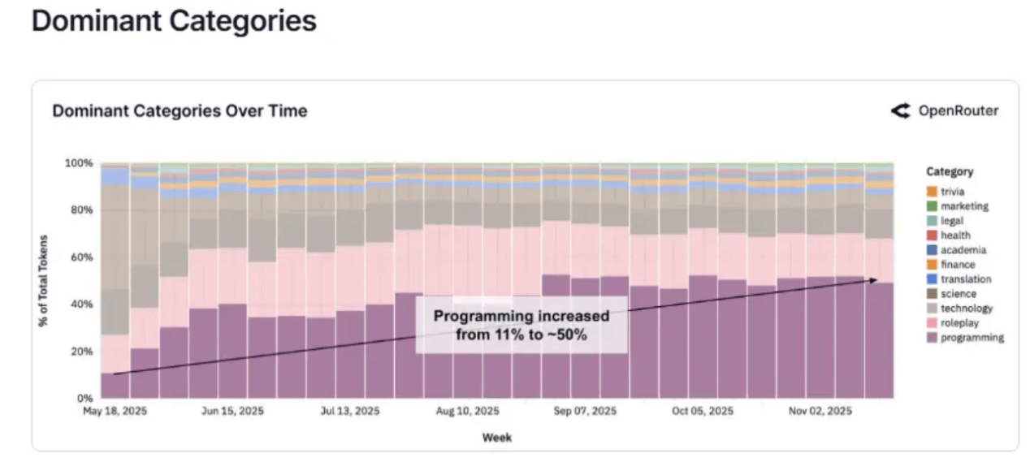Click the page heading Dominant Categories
pyautogui.click(x=173, y=22)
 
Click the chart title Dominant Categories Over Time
pyautogui.click(x=180, y=111)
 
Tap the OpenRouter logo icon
pyautogui.click(x=900, y=111)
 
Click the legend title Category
pyautogui.click(x=950, y=172)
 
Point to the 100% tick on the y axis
pyautogui.click(x=79, y=163)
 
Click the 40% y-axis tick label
pyautogui.click(x=81, y=304)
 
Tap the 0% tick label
pyautogui.click(x=84, y=399)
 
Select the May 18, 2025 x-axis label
pyautogui.click(x=115, y=412)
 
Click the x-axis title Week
pyautogui.click(x=497, y=438)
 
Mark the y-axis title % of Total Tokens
pyautogui.click(x=43, y=281)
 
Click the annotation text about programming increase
pyautogui.click(x=521, y=325)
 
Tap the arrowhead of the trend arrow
pyautogui.click(x=875, y=280)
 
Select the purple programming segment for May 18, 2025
pyautogui.click(x=115, y=386)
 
